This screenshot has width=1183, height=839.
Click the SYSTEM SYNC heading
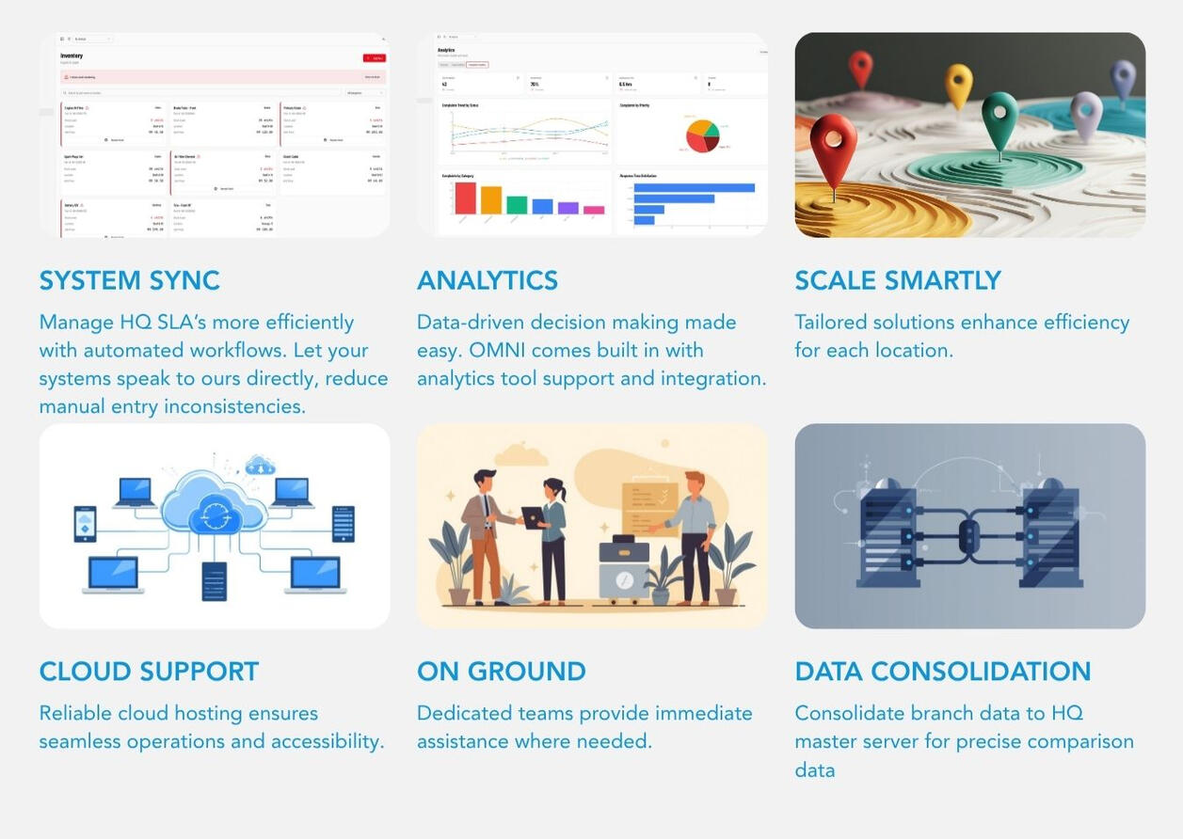129,280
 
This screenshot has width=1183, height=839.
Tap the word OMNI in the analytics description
511,350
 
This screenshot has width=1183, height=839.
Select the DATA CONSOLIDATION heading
942,672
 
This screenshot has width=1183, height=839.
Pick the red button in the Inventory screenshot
374,58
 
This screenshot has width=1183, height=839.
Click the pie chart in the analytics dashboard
701,135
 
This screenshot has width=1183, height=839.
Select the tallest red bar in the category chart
465,198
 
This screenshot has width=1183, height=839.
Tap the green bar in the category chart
517,204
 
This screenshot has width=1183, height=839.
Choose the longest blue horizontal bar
694,187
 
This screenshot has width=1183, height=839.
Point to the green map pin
999,119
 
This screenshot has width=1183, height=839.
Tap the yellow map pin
958,85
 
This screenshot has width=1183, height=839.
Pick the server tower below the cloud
214,580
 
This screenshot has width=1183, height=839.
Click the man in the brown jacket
484,536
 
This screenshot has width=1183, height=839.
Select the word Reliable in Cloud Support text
75,713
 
